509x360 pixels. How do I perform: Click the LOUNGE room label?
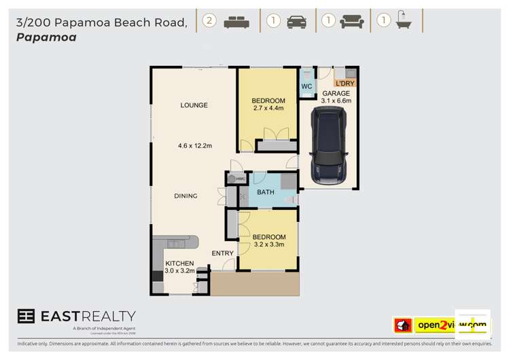coord(194,105)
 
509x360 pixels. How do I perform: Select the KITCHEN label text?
coord(179,263)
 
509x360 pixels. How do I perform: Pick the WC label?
coord(306,87)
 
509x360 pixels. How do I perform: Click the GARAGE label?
coord(336,93)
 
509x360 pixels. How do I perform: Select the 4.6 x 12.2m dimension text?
coord(195,145)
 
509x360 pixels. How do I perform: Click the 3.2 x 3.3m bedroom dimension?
coord(268,245)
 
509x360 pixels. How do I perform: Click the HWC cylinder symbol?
coord(232,179)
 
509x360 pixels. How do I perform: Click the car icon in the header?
coord(296,22)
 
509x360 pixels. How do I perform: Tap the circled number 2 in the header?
coord(209,21)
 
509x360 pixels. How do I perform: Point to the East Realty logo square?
coord(25,317)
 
